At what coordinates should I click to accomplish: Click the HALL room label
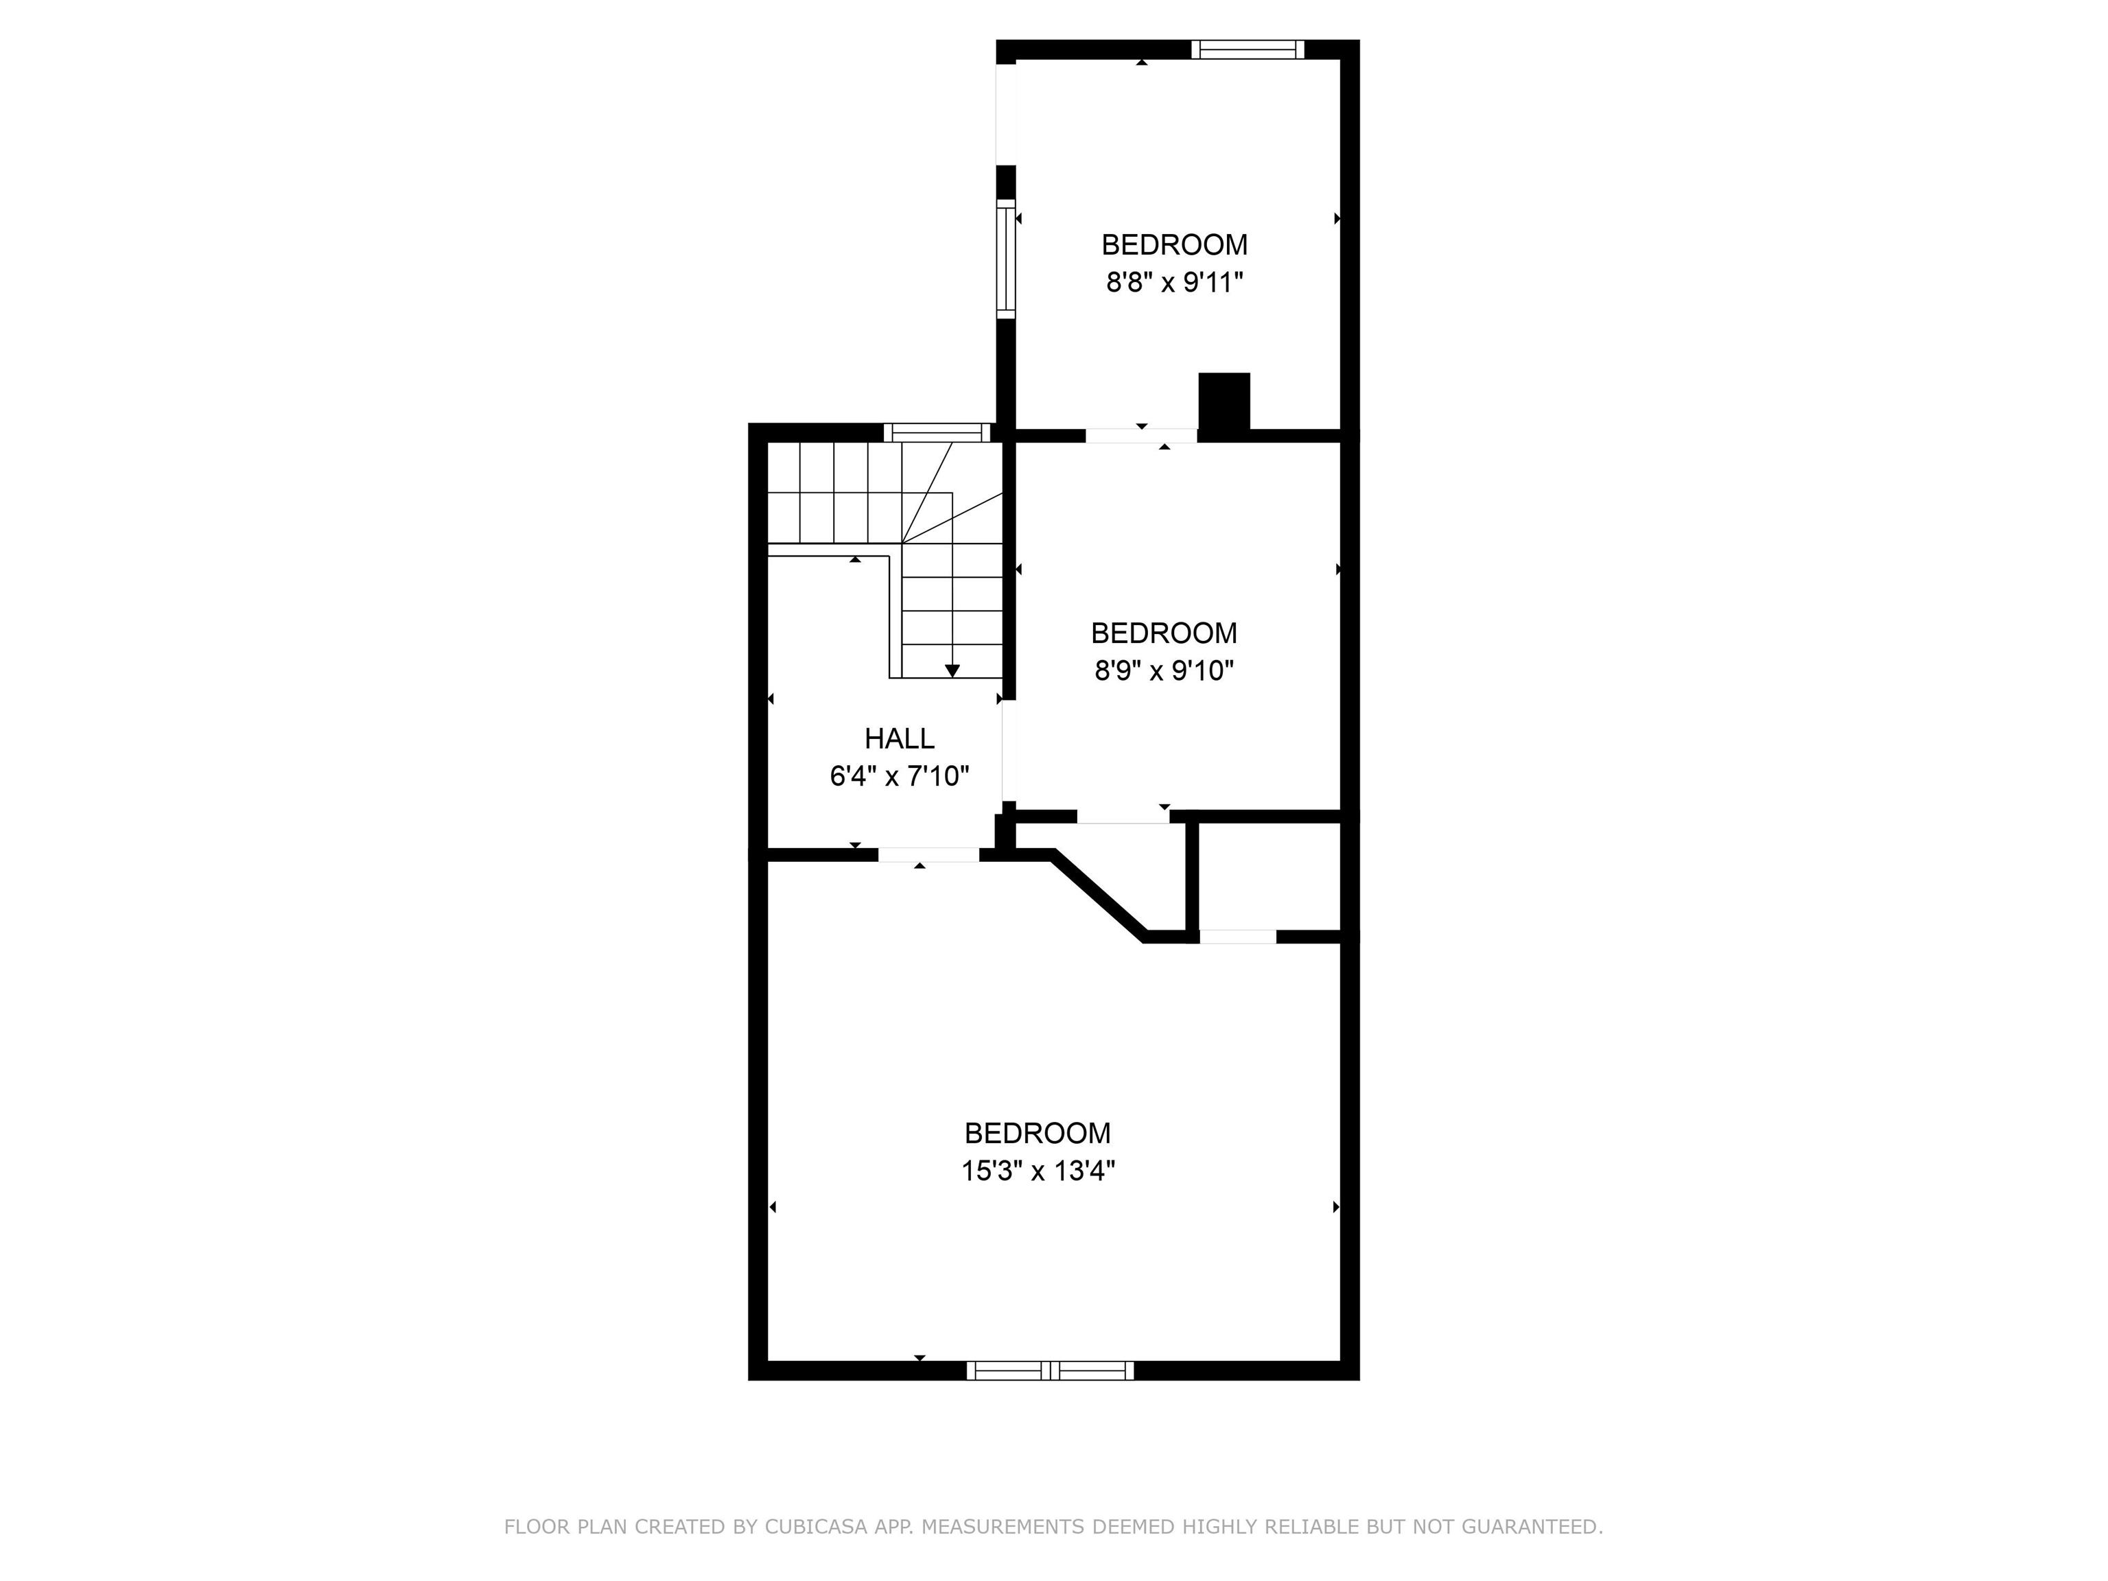899,738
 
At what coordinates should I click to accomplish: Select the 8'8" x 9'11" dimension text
1174,283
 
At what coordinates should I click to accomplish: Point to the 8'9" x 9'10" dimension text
1164,671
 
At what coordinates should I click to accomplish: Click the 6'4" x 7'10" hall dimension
899,777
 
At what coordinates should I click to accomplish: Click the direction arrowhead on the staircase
952,671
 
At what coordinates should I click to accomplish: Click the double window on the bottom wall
1050,1370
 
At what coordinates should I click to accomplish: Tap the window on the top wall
1247,49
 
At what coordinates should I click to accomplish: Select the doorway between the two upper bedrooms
1140,436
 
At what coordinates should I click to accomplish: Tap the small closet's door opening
1237,937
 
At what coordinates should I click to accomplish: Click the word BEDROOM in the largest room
1038,1133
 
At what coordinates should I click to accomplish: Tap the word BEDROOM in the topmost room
1174,245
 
